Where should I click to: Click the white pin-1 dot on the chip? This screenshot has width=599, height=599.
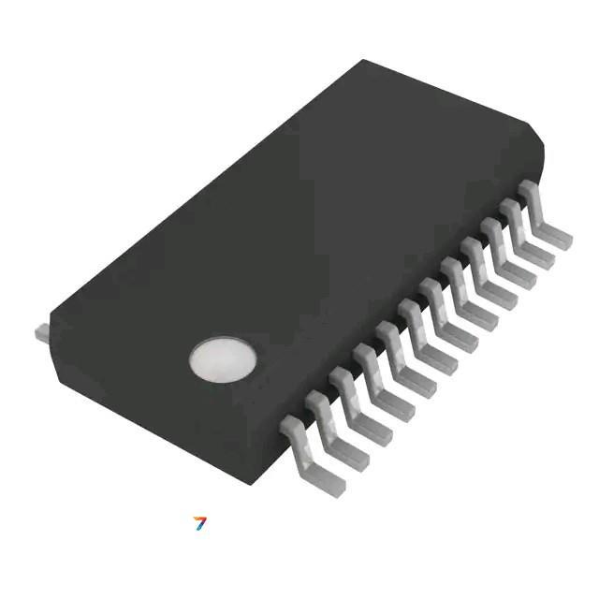(222, 360)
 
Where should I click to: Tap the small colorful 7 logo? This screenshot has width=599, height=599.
(199, 523)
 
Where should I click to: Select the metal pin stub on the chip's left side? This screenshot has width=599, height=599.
(41, 331)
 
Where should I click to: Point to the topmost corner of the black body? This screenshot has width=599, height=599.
(363, 62)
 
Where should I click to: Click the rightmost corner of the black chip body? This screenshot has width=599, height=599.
(543, 150)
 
